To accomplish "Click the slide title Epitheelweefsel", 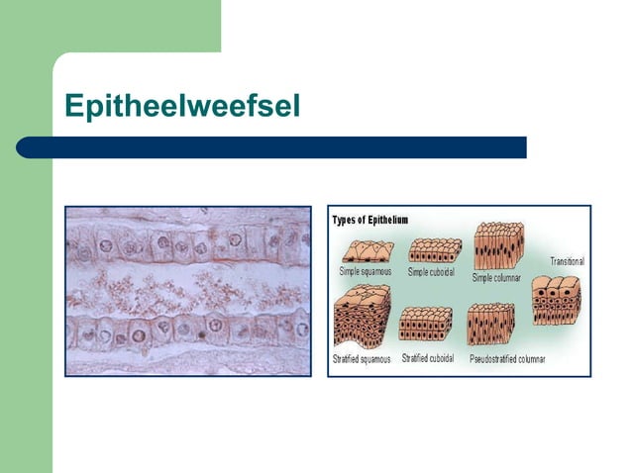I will [x=181, y=106].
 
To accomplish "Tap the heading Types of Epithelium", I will [x=369, y=220].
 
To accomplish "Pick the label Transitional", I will [x=567, y=261].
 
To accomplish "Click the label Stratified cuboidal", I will [x=428, y=358].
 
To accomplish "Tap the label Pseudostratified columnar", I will [x=506, y=359].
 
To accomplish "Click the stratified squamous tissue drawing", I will [x=365, y=319].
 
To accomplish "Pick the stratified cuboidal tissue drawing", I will [x=426, y=324].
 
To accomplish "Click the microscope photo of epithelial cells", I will [x=187, y=290].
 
